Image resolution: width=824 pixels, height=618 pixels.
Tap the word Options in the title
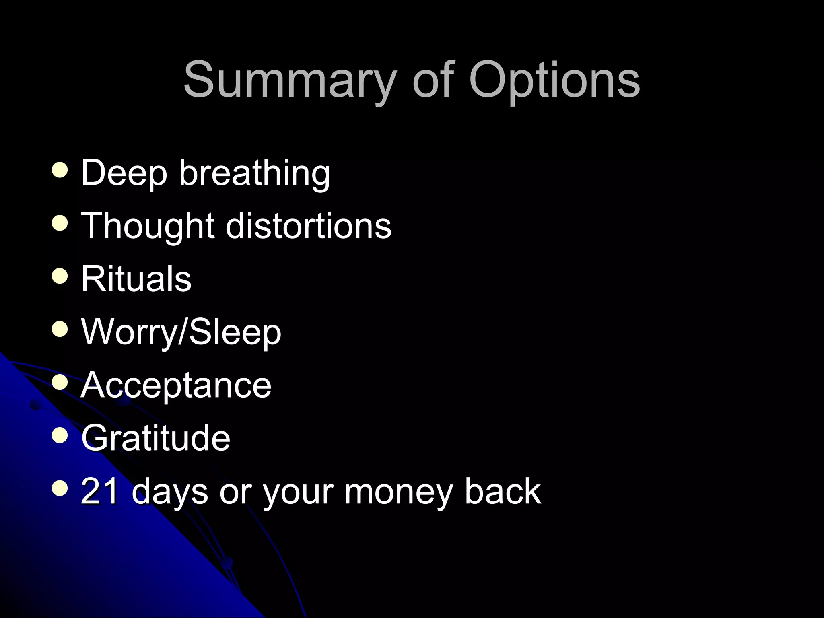tap(554, 80)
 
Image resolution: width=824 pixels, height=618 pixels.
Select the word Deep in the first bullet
tap(124, 173)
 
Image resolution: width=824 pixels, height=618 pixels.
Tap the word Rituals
tap(136, 278)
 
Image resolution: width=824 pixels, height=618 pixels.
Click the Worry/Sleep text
tap(181, 332)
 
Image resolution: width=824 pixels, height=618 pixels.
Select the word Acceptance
tap(176, 385)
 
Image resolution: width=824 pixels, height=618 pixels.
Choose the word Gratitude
tap(156, 438)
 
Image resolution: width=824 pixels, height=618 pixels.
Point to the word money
tap(398, 491)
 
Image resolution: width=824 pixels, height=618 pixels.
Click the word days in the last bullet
tap(169, 491)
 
